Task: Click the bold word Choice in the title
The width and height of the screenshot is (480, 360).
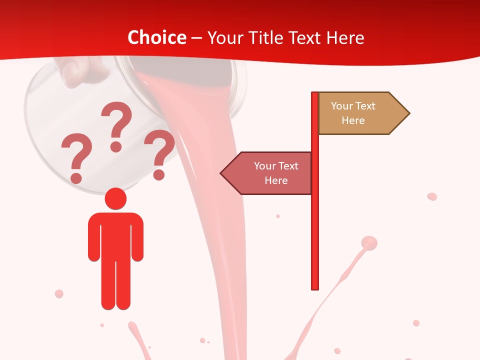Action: tap(156, 37)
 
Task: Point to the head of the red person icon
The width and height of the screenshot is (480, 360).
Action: tap(115, 198)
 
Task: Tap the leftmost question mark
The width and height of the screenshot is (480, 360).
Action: tap(76, 152)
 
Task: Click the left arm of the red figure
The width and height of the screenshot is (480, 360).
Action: tap(94, 237)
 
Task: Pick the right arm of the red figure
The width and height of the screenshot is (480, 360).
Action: tap(137, 237)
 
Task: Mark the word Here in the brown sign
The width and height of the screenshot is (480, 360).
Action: tap(353, 120)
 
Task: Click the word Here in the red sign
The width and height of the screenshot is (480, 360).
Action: tap(276, 180)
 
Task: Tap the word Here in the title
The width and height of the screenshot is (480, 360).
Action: tap(345, 37)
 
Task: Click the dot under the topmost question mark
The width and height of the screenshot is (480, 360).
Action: tap(116, 146)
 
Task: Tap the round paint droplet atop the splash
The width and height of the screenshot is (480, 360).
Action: tap(369, 243)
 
